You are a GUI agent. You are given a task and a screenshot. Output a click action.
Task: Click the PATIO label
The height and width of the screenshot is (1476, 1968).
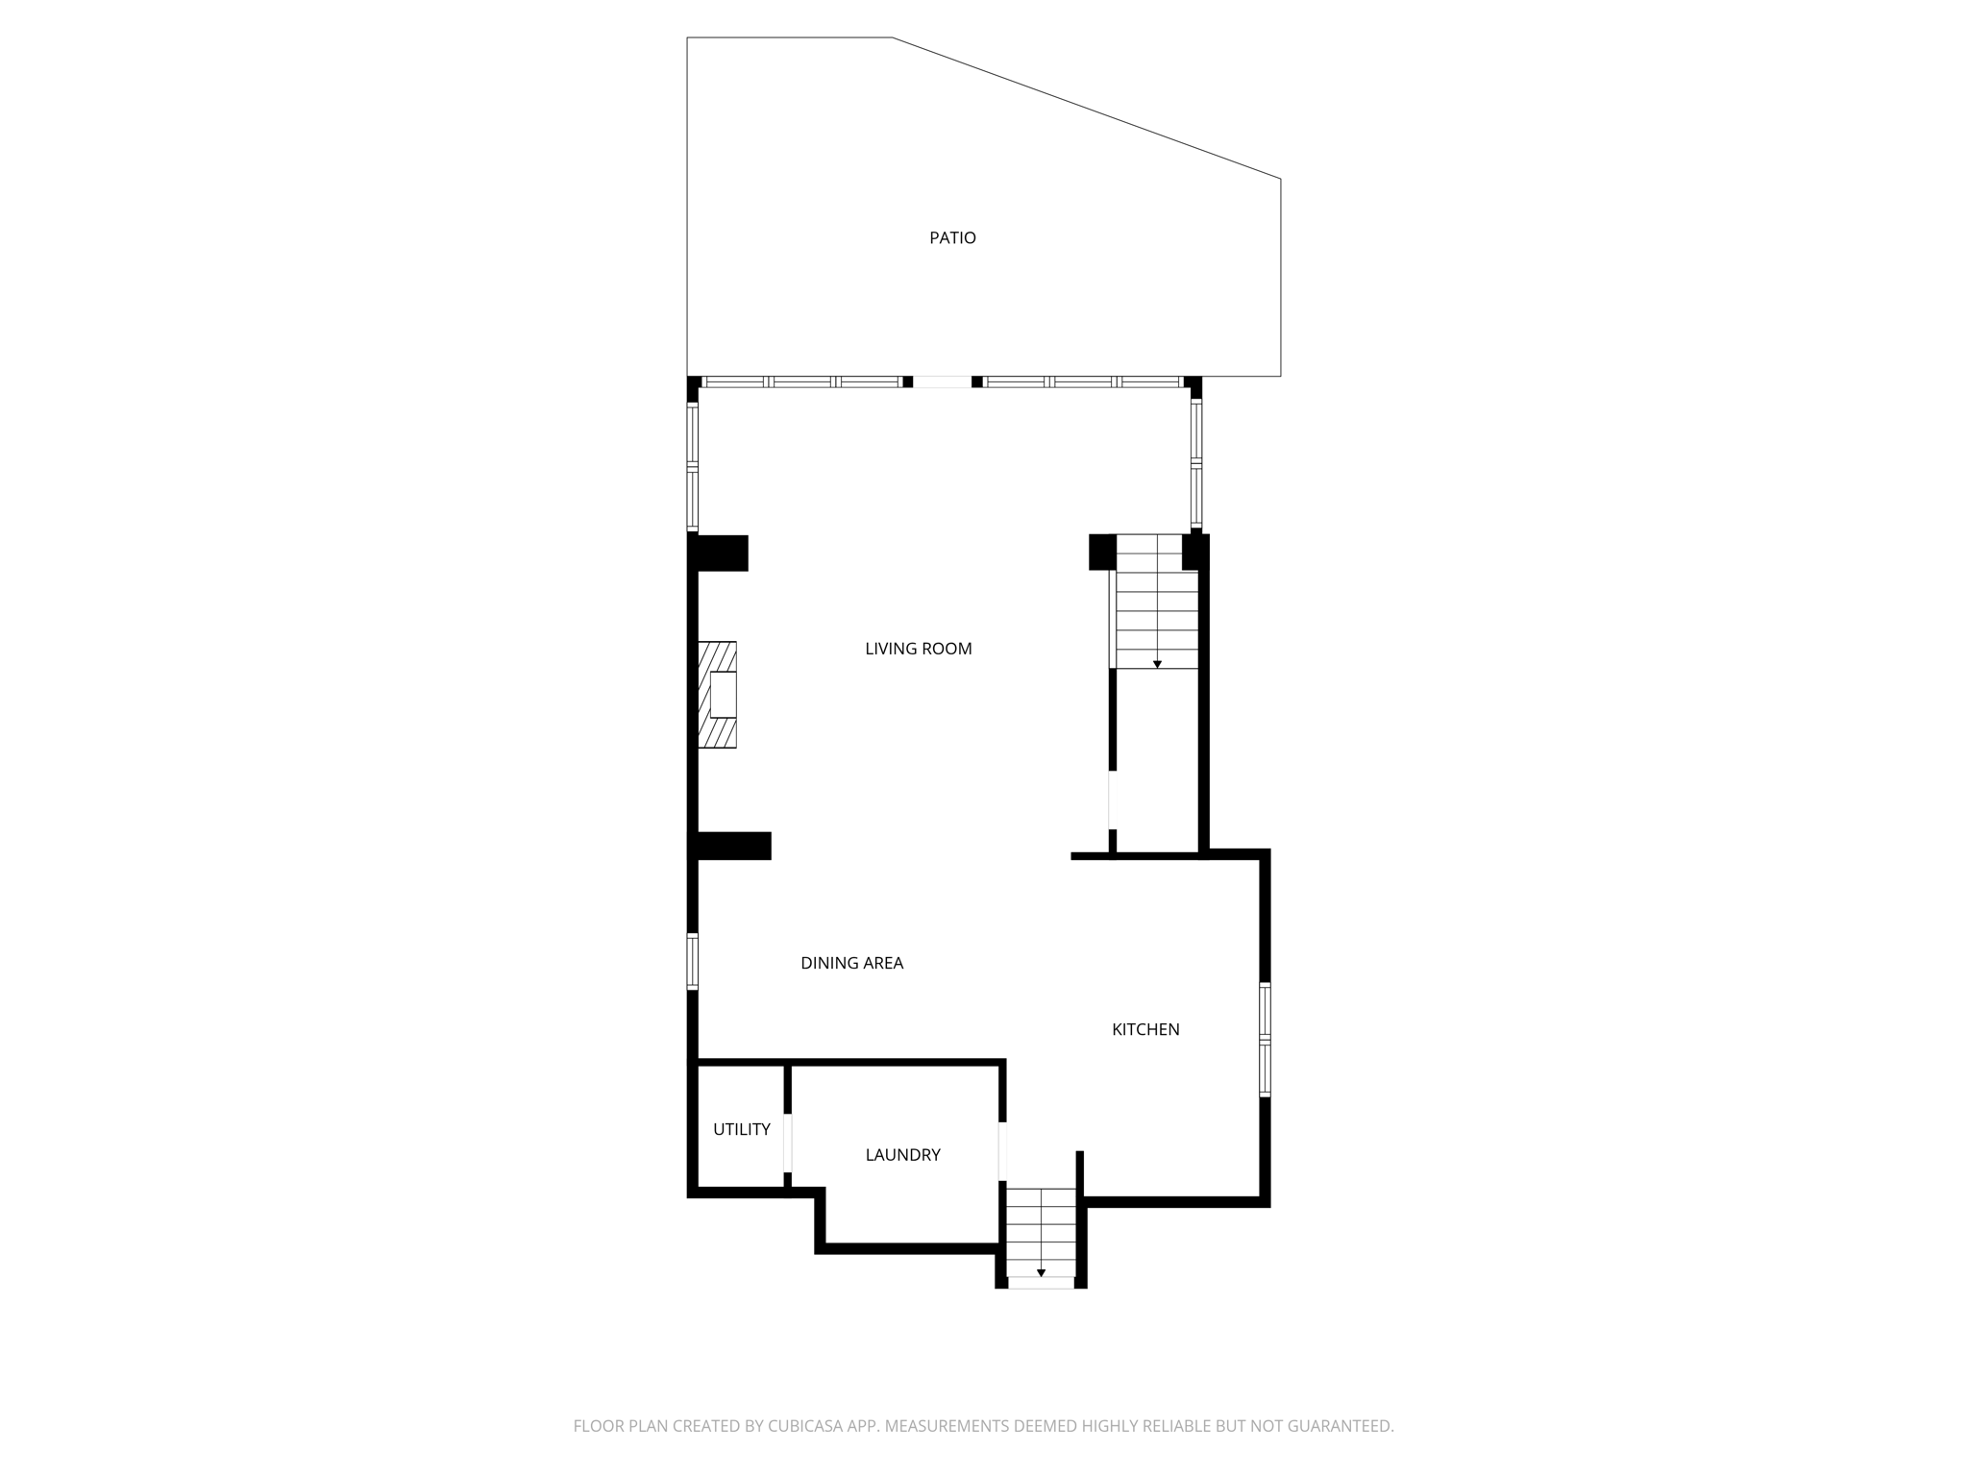(952, 238)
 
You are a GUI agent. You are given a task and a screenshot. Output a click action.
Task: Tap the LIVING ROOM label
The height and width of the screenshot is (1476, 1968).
(918, 649)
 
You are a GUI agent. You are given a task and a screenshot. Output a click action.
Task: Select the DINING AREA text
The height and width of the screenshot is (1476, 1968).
(851, 963)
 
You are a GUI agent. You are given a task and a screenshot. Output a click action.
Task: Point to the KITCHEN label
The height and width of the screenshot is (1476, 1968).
(1145, 1029)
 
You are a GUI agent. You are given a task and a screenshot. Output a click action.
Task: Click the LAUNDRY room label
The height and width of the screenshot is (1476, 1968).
(902, 1155)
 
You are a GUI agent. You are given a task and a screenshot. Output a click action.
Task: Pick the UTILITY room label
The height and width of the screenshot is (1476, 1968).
(741, 1129)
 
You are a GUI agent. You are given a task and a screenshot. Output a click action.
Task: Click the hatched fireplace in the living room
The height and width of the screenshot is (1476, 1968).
(717, 695)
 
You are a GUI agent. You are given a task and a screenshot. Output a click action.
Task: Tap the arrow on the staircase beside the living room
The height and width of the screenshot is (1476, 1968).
(1157, 664)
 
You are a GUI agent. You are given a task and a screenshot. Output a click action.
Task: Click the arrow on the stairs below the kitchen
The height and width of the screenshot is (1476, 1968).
(1041, 1273)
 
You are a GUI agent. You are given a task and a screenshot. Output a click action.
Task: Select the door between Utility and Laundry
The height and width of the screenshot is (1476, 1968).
(788, 1143)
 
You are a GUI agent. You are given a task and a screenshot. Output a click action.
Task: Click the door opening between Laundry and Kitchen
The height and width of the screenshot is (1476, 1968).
(1002, 1151)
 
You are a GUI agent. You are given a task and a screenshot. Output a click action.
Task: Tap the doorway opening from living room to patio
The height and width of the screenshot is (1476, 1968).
(942, 381)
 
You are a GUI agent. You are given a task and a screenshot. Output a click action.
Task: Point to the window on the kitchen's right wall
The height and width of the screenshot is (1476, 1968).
(1265, 1040)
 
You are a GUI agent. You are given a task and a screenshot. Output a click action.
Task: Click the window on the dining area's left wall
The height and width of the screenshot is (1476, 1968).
(692, 961)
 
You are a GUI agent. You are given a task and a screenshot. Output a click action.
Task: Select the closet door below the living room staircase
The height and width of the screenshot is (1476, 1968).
(1112, 799)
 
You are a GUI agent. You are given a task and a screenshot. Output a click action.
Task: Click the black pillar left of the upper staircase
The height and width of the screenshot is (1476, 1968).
(1101, 552)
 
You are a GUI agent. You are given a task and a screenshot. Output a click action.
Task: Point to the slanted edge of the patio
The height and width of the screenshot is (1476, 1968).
(1087, 108)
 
